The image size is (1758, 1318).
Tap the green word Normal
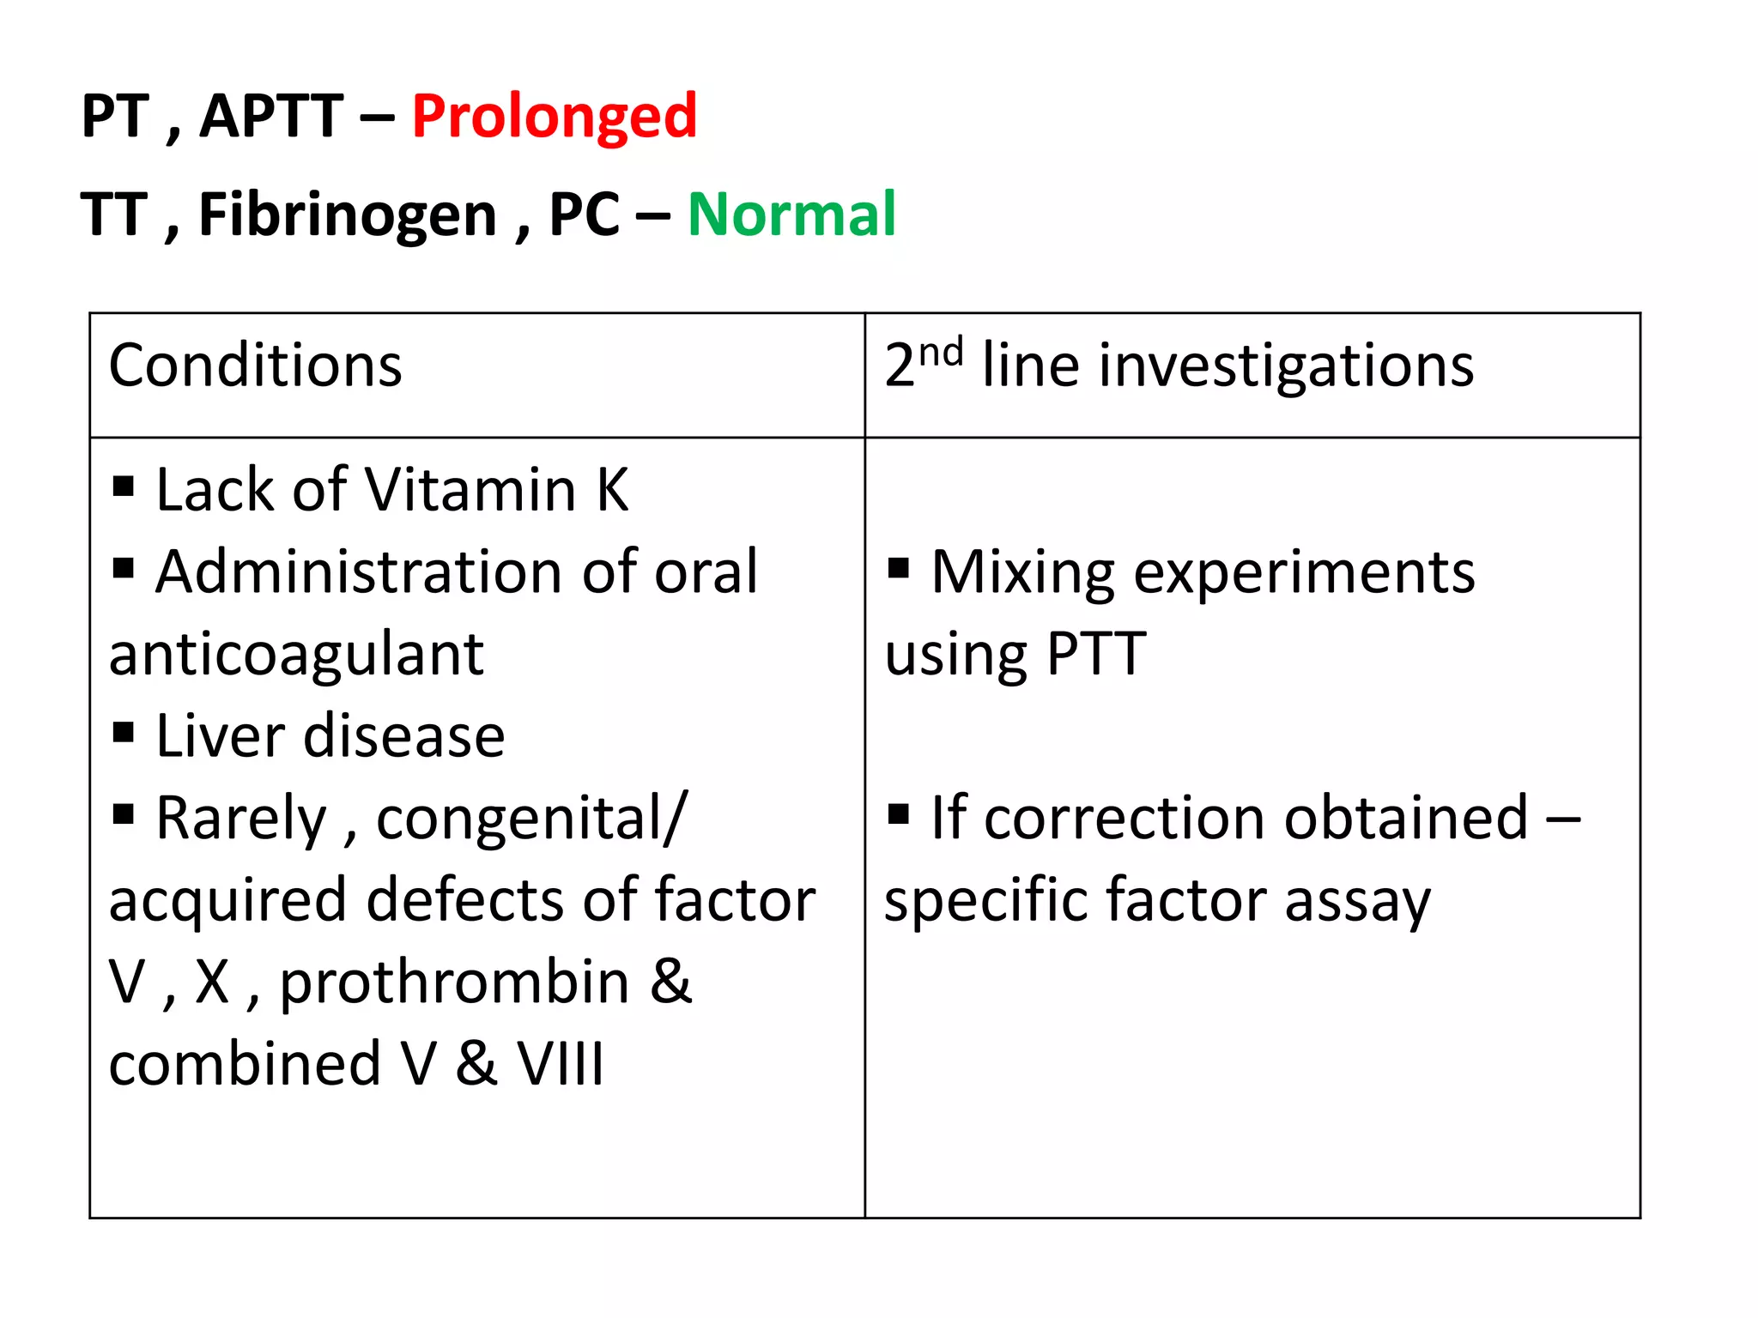(x=791, y=215)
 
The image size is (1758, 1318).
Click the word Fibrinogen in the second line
(x=348, y=215)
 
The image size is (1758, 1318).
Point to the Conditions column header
(x=255, y=366)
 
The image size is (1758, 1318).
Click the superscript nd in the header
(x=941, y=353)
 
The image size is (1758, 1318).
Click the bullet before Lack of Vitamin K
(x=124, y=487)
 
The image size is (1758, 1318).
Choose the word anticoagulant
(x=296, y=655)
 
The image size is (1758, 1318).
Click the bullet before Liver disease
(x=124, y=733)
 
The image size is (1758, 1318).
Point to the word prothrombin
(x=455, y=982)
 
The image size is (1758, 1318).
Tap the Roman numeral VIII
(x=561, y=1064)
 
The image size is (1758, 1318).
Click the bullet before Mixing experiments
(x=899, y=568)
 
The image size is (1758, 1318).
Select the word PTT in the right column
(x=1096, y=655)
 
